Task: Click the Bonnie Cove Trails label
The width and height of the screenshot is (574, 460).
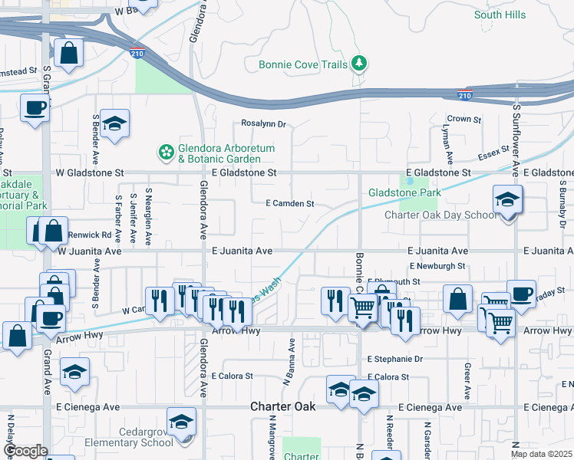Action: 303,65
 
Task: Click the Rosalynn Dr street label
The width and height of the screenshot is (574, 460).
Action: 263,123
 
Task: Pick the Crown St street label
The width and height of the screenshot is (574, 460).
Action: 464,120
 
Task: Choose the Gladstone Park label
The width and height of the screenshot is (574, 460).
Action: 403,192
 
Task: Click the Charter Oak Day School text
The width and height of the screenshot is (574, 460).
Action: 440,215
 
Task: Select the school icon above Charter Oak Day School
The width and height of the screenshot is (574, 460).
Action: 507,200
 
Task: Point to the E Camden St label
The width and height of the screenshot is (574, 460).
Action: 290,204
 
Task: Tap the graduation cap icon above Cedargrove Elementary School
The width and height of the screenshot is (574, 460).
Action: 182,422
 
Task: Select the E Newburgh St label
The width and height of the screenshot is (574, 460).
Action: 437,266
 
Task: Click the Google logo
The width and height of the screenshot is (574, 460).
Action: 25,451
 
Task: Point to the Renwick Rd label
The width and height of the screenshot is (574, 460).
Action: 90,235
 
